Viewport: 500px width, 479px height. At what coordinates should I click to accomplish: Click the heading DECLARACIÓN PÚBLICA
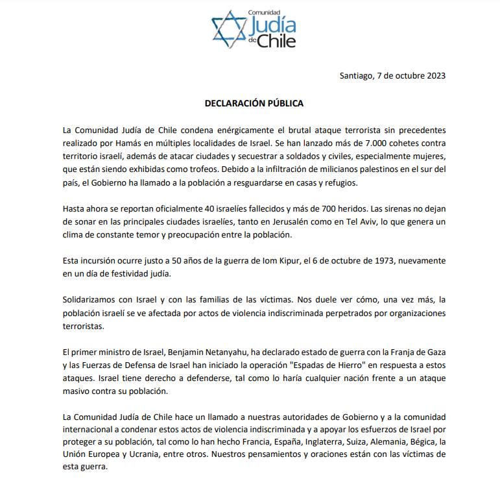254,103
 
